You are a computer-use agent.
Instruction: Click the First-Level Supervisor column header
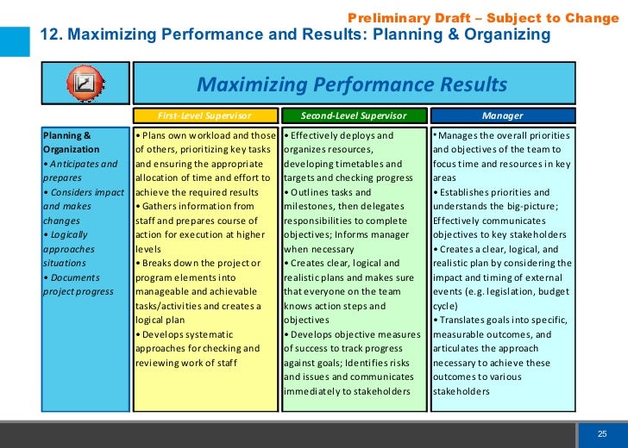pos(204,115)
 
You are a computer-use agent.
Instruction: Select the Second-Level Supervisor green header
pos(354,115)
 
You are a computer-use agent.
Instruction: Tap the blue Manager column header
pos(503,115)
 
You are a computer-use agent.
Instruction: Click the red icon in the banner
pos(85,84)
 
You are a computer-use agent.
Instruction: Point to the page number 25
pos(603,432)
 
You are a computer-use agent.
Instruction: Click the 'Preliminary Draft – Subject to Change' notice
pos(482,18)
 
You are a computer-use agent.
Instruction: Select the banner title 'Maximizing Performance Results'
pos(352,84)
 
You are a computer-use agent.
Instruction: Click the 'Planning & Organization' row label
pos(72,142)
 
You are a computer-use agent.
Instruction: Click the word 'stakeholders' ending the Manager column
pos(462,391)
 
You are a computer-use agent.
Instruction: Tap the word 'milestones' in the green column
pos(311,207)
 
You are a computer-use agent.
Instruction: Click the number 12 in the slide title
pos(48,35)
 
